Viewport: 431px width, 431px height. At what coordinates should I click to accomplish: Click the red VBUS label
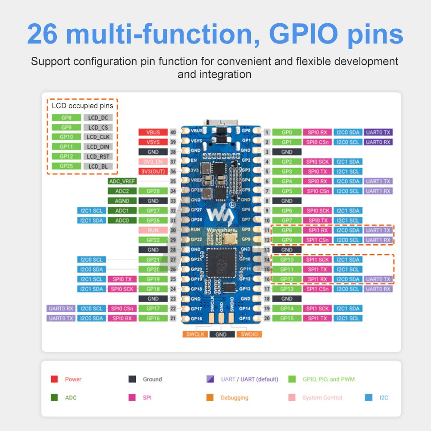point(153,132)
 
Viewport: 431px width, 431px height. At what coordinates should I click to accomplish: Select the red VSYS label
point(153,142)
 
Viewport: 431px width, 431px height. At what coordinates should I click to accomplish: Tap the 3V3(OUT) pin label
point(153,172)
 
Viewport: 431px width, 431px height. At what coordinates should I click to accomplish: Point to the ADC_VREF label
point(122,181)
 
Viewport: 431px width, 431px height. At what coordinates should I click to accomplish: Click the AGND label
point(122,201)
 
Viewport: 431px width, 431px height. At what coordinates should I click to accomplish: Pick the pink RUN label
point(153,230)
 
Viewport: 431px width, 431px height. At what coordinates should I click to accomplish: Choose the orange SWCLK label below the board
point(195,334)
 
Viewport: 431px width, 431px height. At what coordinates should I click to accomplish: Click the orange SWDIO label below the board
point(249,334)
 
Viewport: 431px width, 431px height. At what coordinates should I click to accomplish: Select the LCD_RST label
point(99,156)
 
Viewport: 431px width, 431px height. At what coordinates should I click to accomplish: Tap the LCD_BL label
point(99,166)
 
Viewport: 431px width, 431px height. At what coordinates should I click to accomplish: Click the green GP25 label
point(66,166)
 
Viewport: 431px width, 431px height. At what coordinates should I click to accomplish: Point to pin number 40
point(173,132)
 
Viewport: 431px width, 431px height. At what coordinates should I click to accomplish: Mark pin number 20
point(267,319)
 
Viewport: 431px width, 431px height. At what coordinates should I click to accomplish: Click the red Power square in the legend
point(54,379)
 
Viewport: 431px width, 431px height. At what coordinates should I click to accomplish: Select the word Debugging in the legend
point(234,398)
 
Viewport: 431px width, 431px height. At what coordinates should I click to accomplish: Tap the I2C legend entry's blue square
point(369,398)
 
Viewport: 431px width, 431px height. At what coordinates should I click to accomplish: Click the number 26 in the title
point(42,34)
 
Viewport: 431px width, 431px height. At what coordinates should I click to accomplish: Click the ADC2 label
point(122,191)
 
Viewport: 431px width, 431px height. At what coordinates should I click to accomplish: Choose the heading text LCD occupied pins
point(82,106)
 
